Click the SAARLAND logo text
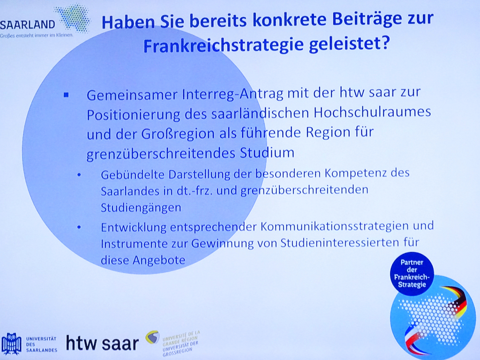click(28, 24)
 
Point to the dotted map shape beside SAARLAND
click(73, 18)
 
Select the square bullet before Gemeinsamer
click(66, 95)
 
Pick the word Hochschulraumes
click(372, 112)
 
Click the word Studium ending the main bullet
click(267, 152)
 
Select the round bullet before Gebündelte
click(79, 175)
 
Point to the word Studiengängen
click(141, 208)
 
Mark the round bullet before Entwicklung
click(79, 227)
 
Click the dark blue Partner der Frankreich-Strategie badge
click(412, 274)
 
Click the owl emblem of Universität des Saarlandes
click(11, 344)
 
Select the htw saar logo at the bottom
click(102, 343)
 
